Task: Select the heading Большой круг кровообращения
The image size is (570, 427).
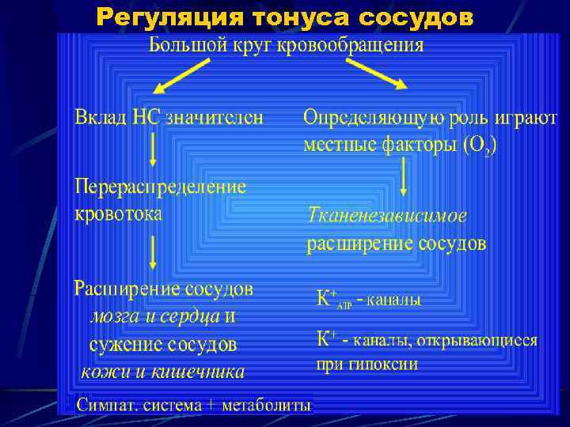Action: point(287,44)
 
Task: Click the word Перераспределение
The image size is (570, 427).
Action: point(161,187)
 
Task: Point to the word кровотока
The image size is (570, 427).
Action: point(119,213)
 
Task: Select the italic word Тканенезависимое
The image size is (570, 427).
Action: point(387,215)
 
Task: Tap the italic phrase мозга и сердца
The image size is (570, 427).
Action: point(154,316)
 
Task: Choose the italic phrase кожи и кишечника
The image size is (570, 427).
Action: point(163,371)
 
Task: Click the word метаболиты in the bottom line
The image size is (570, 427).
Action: point(267,406)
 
